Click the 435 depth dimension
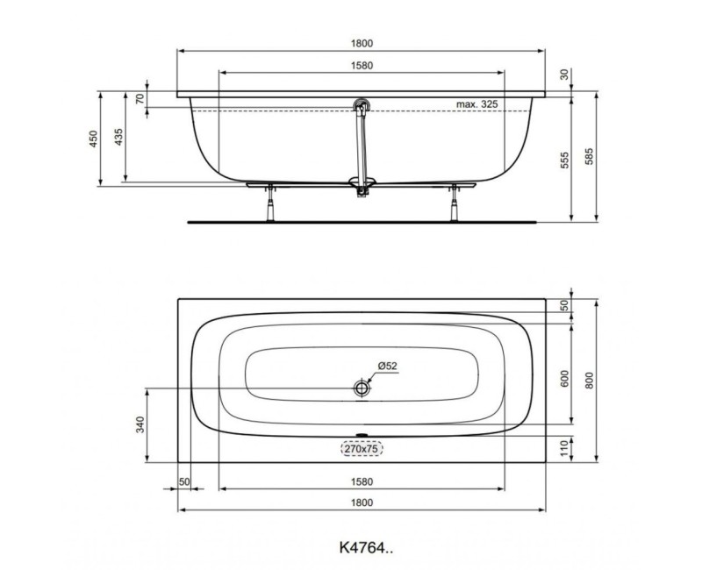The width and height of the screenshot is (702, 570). pos(118,138)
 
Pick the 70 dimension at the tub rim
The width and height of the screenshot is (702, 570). pos(140,98)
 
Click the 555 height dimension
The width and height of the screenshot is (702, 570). pos(565,160)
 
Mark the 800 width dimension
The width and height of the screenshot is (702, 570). pos(591,378)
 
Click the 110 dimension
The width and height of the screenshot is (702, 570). pos(565,447)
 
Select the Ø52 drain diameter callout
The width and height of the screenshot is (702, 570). pos(388,366)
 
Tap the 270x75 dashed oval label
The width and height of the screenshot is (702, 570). pos(361,448)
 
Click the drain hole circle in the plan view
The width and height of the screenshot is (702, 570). pos(361,388)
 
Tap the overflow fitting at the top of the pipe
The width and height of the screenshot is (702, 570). pos(359,106)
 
